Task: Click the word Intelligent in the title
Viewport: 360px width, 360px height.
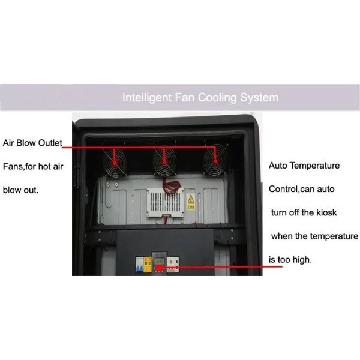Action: click(x=144, y=97)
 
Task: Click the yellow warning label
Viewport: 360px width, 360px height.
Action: click(x=190, y=202)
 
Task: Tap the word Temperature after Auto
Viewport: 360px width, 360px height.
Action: click(x=316, y=166)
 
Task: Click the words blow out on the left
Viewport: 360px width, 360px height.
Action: click(x=20, y=191)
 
